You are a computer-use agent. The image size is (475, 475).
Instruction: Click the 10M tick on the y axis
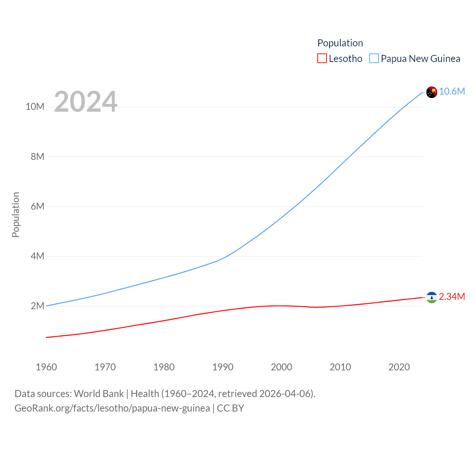click(x=35, y=107)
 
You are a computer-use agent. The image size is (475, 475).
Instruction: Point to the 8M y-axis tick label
click(x=37, y=157)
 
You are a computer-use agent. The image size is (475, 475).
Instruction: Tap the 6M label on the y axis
click(x=37, y=206)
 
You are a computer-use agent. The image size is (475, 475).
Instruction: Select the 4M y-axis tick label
click(x=37, y=256)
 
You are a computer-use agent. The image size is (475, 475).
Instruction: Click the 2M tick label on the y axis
click(x=37, y=306)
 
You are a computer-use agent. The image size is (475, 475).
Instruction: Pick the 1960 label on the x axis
click(x=46, y=367)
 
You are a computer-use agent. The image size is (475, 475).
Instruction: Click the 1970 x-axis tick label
click(x=105, y=367)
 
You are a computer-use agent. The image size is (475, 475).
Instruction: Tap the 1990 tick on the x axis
click(x=223, y=367)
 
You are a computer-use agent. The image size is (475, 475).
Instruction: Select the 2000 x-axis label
click(x=282, y=367)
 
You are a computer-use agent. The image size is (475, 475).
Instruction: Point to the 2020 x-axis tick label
click(x=399, y=367)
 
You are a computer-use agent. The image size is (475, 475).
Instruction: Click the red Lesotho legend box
click(x=322, y=59)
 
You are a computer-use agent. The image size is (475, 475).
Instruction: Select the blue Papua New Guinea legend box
click(x=374, y=59)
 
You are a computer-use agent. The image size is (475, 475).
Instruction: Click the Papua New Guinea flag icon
click(x=432, y=92)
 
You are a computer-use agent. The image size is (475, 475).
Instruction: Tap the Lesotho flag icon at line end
click(x=432, y=297)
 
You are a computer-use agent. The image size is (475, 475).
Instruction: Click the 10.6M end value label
click(x=452, y=91)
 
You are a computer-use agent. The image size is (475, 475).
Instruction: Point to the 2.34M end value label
click(x=452, y=297)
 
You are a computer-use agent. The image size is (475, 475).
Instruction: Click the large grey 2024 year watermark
click(x=86, y=102)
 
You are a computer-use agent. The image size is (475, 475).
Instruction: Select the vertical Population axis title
click(x=16, y=214)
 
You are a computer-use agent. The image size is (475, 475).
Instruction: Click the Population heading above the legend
click(x=340, y=43)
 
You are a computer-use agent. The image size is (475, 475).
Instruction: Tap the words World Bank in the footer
click(x=99, y=394)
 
